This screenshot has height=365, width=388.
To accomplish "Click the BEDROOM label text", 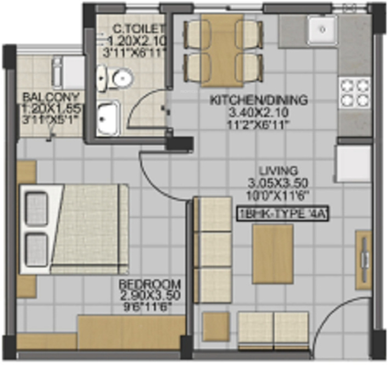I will [x=150, y=284].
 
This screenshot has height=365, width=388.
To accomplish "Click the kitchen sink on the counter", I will [x=322, y=30].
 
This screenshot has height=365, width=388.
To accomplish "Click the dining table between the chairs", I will [x=221, y=50].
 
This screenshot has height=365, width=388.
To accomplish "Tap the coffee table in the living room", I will [x=273, y=253].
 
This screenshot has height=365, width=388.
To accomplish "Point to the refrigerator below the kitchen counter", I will [x=353, y=164].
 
